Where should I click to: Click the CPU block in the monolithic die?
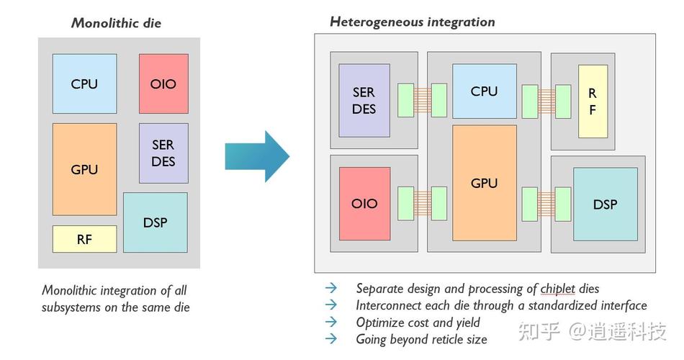[x=84, y=84]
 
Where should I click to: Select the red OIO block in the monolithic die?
[x=163, y=84]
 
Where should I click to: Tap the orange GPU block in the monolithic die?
[x=84, y=169]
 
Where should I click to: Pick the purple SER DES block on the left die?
[x=163, y=153]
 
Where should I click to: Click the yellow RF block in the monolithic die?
[x=84, y=239]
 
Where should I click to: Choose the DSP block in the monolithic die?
[x=155, y=222]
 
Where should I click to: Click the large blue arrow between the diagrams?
[x=257, y=156]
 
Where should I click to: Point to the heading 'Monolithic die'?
[x=116, y=23]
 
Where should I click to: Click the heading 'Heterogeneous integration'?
[x=412, y=22]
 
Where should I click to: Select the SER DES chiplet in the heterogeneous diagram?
[x=364, y=101]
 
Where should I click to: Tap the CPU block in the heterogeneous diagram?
[x=484, y=91]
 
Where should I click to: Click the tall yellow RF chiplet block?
[x=593, y=102]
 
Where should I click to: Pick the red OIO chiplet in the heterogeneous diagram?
[x=364, y=203]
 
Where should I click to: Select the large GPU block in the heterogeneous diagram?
[x=484, y=183]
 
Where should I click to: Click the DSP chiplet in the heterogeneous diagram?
[x=605, y=204]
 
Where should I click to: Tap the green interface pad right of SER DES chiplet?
[x=405, y=101]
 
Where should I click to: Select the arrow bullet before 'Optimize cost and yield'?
[x=330, y=323]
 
